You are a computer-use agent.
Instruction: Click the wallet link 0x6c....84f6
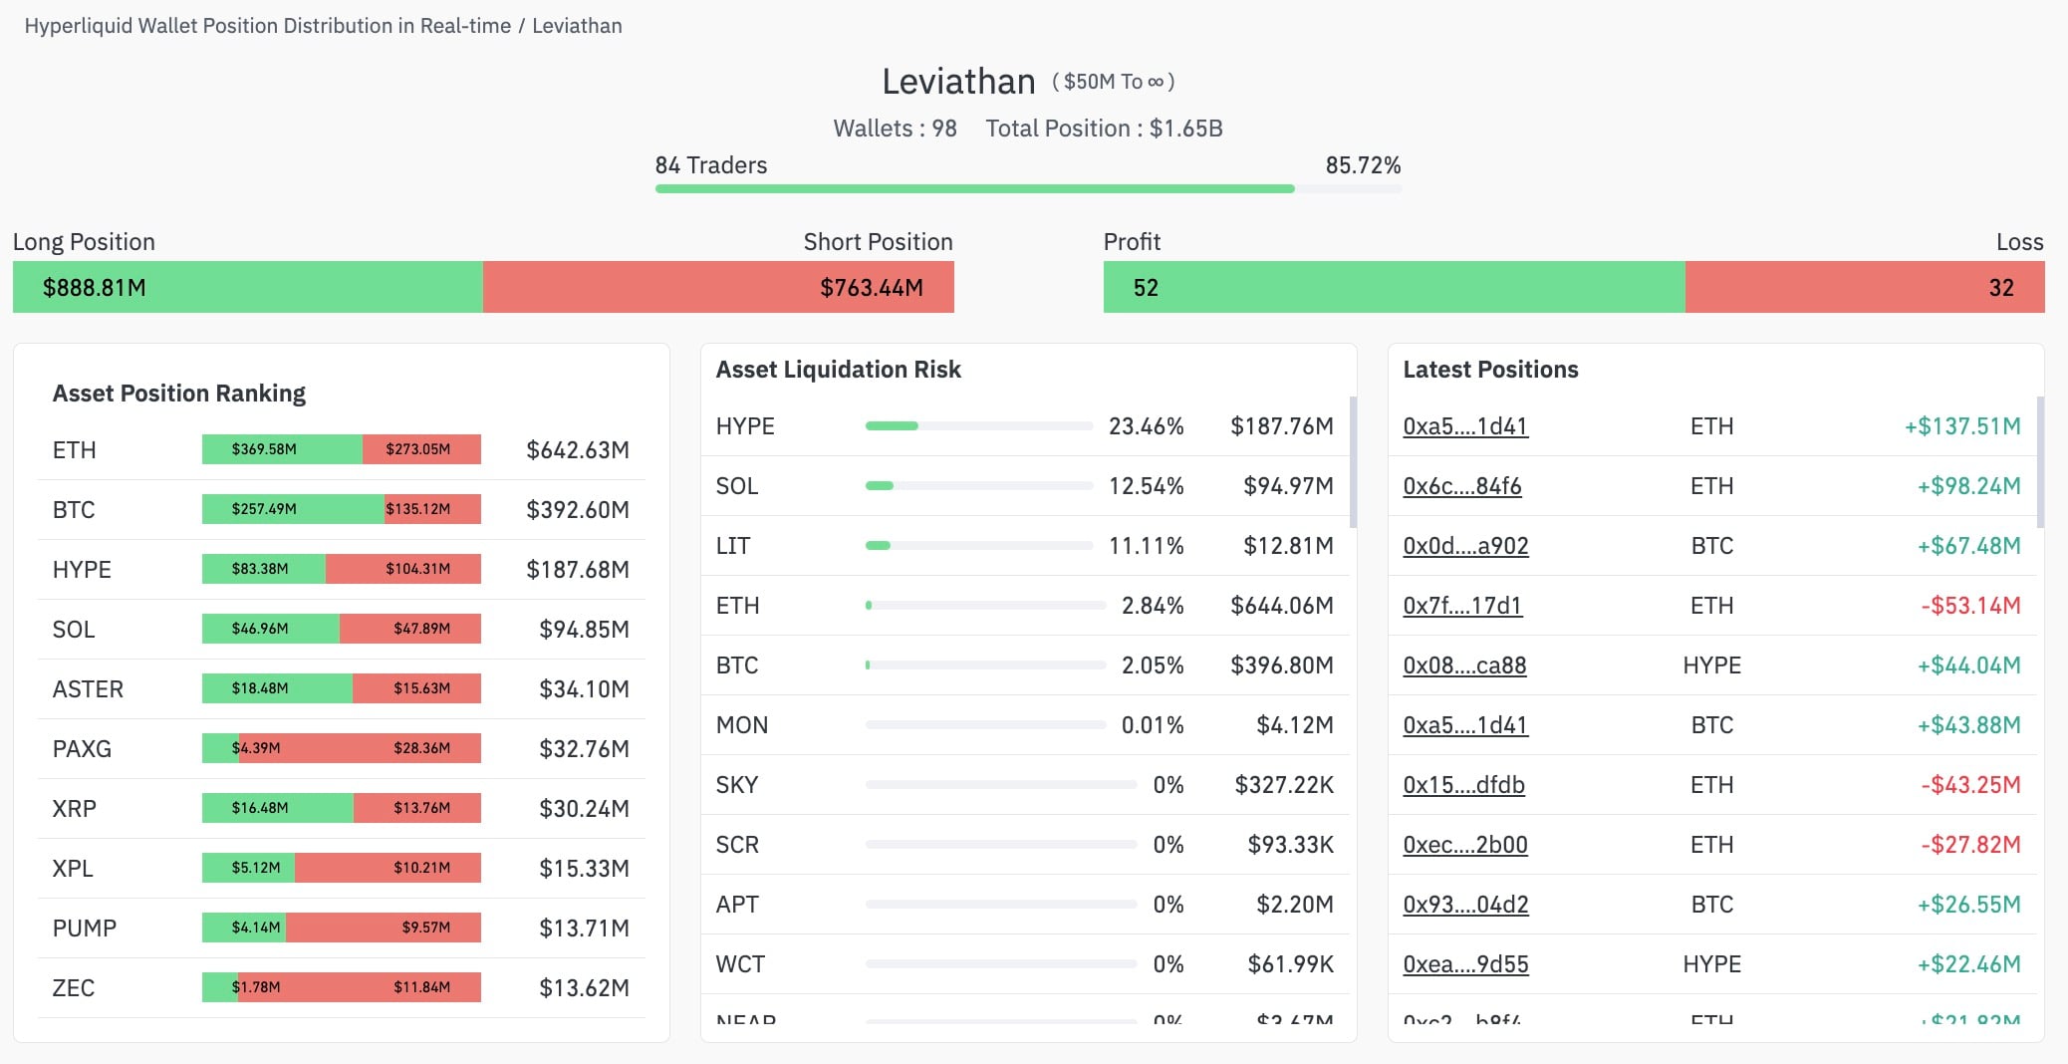(x=1461, y=486)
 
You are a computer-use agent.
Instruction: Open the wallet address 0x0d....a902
(x=1465, y=546)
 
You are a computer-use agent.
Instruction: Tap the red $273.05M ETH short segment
(x=421, y=449)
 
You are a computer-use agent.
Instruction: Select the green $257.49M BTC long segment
(x=292, y=509)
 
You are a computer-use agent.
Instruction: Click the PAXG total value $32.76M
(x=584, y=749)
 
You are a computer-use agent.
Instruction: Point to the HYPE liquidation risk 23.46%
(x=1146, y=426)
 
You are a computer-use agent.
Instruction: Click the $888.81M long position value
(x=95, y=288)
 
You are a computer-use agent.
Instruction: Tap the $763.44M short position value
(x=871, y=288)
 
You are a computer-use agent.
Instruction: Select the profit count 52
(x=1146, y=288)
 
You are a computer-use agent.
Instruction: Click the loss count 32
(x=2001, y=288)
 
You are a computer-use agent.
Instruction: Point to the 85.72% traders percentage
(x=1363, y=165)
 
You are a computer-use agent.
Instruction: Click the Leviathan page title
(x=958, y=82)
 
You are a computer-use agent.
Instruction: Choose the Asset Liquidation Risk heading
(x=838, y=370)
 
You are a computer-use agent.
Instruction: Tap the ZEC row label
(x=74, y=988)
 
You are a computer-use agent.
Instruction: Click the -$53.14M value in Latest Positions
(x=1970, y=606)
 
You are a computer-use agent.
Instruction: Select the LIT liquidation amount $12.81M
(x=1288, y=546)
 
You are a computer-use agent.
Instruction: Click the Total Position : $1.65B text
(x=1104, y=129)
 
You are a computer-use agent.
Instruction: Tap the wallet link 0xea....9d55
(x=1465, y=964)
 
